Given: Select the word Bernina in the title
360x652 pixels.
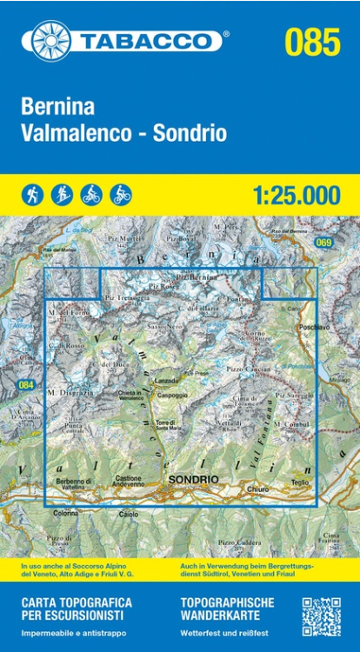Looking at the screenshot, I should (x=58, y=107).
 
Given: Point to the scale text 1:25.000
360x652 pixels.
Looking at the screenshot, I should (x=297, y=196).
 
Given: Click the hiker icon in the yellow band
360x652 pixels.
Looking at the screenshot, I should (x=33, y=195).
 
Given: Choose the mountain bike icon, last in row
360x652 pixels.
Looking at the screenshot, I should (x=121, y=195).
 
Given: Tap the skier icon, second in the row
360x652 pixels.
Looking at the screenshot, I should (x=62, y=195).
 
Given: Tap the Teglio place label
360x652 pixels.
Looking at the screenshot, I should (x=324, y=483).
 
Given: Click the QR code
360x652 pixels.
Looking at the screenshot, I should (x=321, y=616).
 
